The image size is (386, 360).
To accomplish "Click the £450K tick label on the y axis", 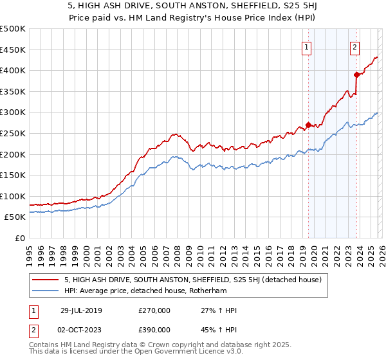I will point(13,50).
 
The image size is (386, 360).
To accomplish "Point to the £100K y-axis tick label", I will point(13,196).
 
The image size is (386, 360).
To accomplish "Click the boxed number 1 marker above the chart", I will point(306,47).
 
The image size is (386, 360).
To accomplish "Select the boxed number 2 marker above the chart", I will point(354,47).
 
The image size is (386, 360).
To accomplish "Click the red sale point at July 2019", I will point(308,125).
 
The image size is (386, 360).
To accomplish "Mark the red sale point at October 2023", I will point(356,75).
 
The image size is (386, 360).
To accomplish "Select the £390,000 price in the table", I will point(154,329).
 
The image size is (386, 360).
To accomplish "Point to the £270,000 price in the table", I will point(154,310).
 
